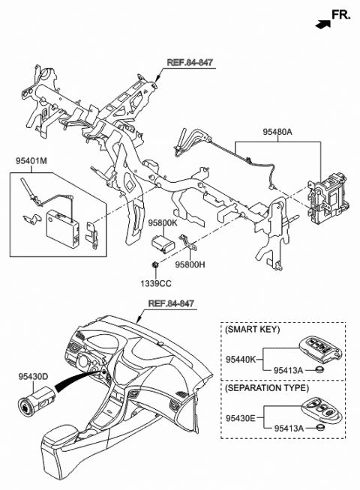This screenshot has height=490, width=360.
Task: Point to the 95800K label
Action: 162,223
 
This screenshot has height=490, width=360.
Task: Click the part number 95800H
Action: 191,264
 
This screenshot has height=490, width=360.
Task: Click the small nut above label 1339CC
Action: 154,267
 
